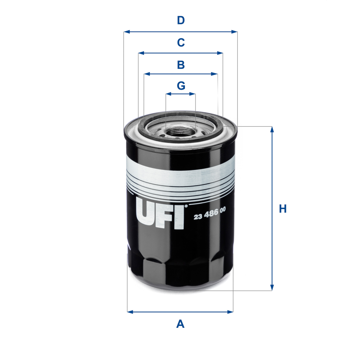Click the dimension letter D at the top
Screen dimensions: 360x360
181,20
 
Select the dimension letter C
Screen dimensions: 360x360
181,42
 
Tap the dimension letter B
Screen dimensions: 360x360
181,65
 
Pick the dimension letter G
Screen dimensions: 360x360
181,85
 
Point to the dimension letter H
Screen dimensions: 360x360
282,209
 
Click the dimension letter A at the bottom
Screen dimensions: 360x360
180,324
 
